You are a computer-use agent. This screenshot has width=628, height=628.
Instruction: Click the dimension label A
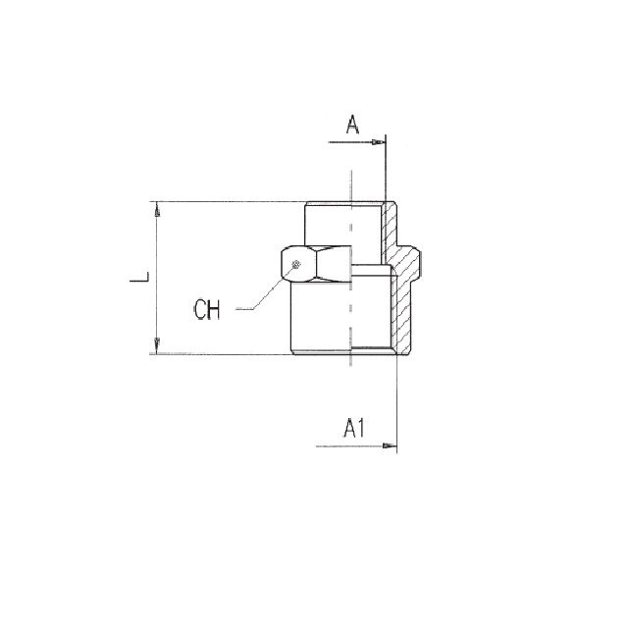point(352,125)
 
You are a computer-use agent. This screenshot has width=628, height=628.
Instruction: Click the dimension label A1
point(354,428)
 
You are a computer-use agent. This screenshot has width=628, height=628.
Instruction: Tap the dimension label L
point(139,277)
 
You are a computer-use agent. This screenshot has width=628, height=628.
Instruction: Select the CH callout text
point(207,310)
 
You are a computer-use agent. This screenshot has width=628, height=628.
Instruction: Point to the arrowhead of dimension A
point(379,142)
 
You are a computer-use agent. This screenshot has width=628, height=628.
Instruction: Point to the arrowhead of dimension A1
point(390,445)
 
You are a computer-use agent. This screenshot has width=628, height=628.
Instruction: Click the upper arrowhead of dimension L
point(157,209)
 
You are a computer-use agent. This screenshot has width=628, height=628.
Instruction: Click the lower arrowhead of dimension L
point(157,346)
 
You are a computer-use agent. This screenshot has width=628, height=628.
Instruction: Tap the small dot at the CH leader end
point(296,264)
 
